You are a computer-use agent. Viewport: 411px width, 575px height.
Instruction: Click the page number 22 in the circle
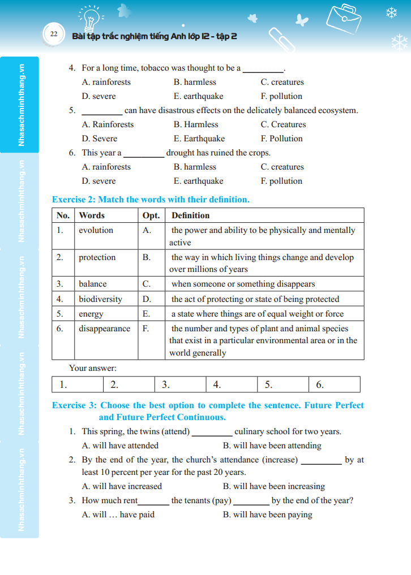pyautogui.click(x=53, y=34)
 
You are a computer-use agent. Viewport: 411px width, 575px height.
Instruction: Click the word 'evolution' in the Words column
pyautogui.click(x=96, y=230)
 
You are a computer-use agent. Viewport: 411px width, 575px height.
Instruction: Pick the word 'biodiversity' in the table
pyautogui.click(x=100, y=299)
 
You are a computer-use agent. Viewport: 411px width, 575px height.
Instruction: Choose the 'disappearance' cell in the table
pyautogui.click(x=104, y=328)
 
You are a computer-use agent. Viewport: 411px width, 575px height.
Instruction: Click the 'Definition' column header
pyautogui.click(x=190, y=215)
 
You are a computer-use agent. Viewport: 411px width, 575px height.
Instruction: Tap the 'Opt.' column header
pyautogui.click(x=151, y=215)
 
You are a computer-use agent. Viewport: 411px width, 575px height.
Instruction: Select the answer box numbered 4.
pyautogui.click(x=231, y=384)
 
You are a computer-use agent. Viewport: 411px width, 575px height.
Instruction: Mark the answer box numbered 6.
pyautogui.click(x=334, y=384)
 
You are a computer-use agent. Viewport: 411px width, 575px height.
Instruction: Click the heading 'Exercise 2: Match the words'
pyautogui.click(x=151, y=200)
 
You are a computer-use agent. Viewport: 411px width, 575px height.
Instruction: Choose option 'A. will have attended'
pyautogui.click(x=120, y=446)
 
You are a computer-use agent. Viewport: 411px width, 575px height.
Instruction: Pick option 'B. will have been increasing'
pyautogui.click(x=274, y=486)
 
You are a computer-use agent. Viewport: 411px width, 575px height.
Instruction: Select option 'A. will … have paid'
pyautogui.click(x=118, y=515)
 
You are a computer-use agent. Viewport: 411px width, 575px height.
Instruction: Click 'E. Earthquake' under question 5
pyautogui.click(x=199, y=139)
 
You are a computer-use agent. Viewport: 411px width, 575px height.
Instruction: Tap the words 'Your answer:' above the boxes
pyautogui.click(x=93, y=368)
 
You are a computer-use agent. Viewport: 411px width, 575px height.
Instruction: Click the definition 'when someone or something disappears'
pyautogui.click(x=243, y=284)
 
